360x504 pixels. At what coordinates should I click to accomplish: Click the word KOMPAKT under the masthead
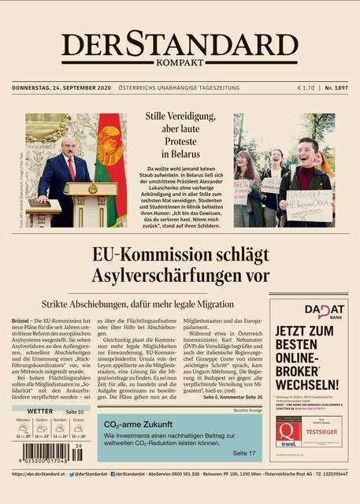(180, 62)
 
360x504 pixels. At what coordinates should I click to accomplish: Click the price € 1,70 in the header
(306, 87)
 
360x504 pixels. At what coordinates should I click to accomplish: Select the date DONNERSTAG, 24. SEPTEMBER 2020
(61, 87)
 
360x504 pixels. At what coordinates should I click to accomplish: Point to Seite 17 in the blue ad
(244, 454)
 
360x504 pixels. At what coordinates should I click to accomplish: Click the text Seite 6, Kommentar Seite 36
(232, 398)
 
